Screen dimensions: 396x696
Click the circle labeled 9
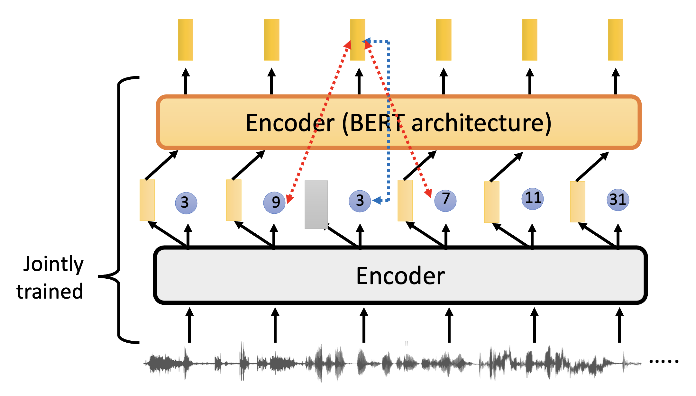tap(274, 203)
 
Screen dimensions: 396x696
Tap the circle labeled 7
tap(445, 200)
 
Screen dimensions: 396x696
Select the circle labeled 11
tap(533, 199)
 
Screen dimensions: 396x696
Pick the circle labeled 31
tap(618, 200)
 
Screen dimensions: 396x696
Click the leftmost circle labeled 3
tap(186, 203)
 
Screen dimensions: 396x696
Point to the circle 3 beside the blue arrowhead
tap(360, 201)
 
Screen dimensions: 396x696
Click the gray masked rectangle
tap(316, 204)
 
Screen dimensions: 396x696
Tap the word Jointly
tap(53, 264)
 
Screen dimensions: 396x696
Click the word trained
tap(50, 292)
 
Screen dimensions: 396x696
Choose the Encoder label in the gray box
tap(400, 276)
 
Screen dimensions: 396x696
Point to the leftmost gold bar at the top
tap(186, 40)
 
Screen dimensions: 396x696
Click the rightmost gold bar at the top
tap(615, 40)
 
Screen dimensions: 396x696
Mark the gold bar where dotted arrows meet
tap(357, 40)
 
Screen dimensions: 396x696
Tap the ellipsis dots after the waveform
tap(664, 361)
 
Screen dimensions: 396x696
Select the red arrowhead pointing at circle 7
tap(428, 194)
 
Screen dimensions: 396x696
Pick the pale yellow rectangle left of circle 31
tap(577, 202)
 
